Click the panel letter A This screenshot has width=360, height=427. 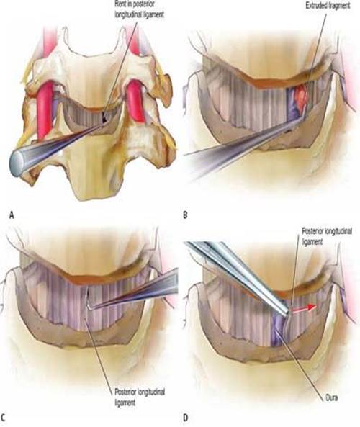12,215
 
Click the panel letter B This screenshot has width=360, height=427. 185,215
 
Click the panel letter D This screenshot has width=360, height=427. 186,418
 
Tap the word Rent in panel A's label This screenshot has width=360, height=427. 122,4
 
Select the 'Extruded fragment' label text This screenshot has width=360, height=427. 328,6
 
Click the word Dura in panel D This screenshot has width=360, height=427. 332,398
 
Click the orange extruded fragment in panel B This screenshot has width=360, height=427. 302,95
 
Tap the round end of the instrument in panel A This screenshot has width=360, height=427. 17,163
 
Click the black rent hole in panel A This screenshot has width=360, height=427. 104,117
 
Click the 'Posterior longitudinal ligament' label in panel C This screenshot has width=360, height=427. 140,397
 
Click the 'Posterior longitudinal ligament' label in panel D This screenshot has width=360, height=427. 327,236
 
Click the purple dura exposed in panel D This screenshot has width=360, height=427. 279,330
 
